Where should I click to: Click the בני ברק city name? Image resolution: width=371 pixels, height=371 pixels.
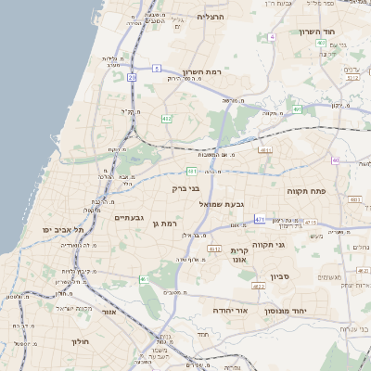coord(187,188)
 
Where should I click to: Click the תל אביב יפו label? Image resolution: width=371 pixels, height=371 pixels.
coord(63,229)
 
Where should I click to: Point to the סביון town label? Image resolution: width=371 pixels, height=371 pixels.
coord(281,276)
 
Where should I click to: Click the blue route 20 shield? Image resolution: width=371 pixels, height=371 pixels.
coord(133,78)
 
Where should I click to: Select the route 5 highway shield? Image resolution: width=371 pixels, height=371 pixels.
coord(158,68)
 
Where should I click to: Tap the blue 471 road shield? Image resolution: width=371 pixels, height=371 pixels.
coord(260,220)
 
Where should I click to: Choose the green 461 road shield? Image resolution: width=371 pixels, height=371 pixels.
coord(143,279)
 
